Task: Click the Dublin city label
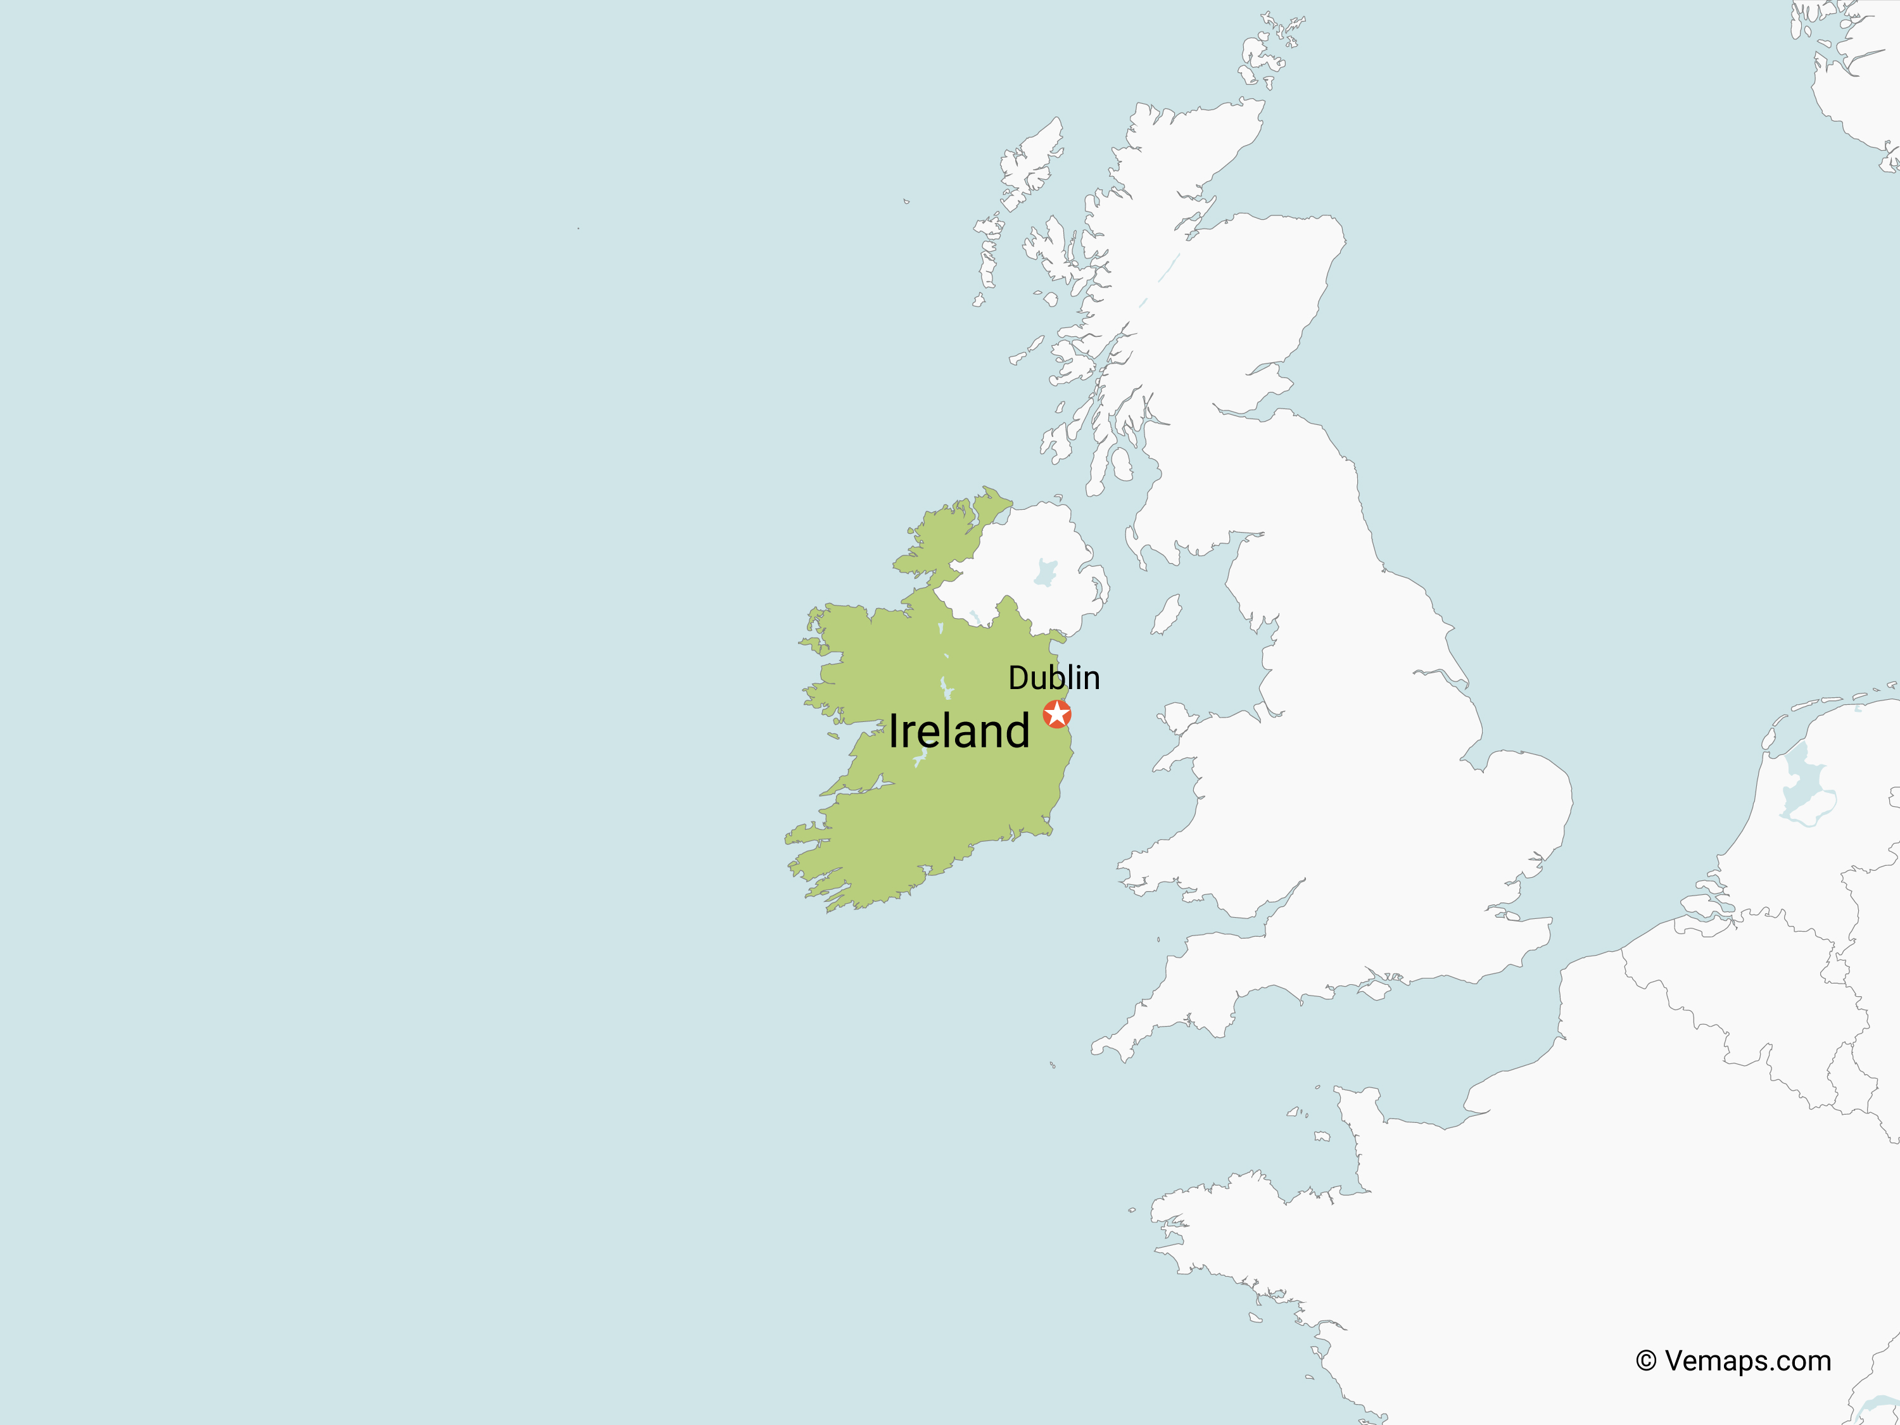tap(1053, 678)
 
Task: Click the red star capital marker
tap(1056, 714)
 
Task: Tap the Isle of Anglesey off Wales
tap(1175, 716)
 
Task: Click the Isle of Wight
tap(1375, 989)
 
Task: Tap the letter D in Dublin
tap(1018, 678)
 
